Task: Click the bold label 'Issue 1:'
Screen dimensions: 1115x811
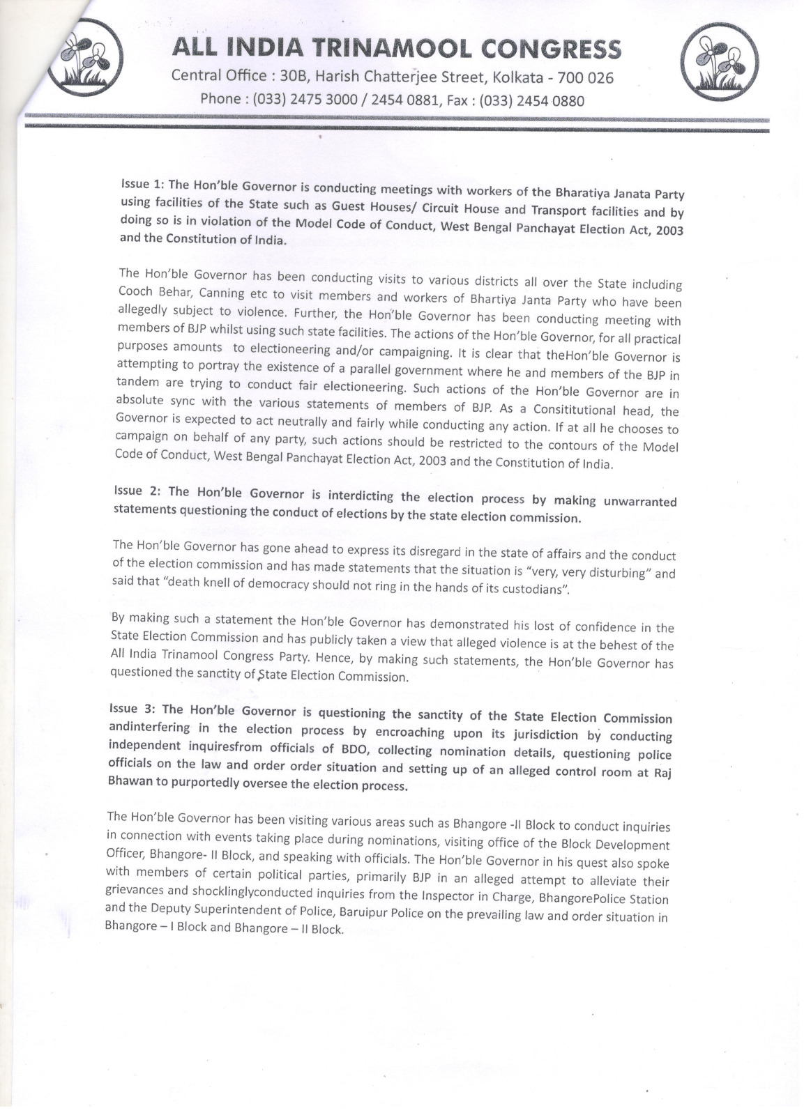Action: (x=142, y=184)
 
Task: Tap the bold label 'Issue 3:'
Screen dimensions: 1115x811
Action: (x=135, y=709)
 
